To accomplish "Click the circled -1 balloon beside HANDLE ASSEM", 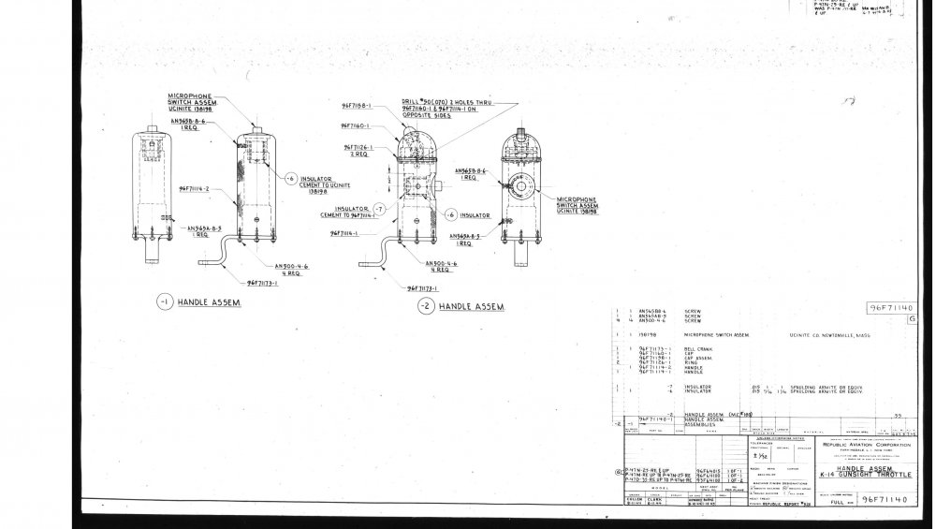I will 164,302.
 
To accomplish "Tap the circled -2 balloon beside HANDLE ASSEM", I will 426,306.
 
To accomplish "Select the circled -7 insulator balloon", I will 379,208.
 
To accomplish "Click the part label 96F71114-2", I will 194,187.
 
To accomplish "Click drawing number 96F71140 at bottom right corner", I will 885,501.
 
